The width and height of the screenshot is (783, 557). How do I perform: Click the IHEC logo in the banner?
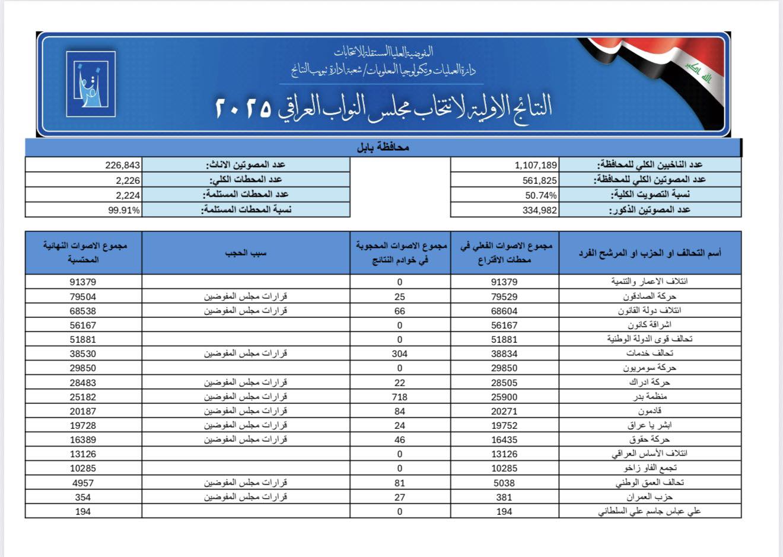pos(91,84)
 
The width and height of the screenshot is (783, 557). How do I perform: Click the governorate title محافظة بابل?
pos(383,147)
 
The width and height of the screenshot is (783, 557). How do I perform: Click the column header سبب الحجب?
pos(246,253)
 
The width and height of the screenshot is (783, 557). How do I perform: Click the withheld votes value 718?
pos(400,396)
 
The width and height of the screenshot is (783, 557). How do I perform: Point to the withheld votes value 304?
pos(400,354)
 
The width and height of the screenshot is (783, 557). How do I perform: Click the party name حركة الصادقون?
pos(650,296)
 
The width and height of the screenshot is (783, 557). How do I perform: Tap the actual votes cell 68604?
pos(504,311)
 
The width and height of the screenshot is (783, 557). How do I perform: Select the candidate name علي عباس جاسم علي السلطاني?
pos(650,511)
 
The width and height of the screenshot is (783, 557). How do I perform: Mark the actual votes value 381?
pos(504,497)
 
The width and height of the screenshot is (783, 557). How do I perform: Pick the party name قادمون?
pos(650,410)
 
